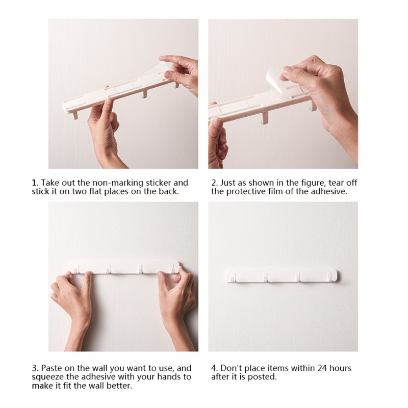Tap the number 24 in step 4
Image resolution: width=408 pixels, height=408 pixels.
(322, 368)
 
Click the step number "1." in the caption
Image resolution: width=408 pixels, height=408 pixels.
(35, 183)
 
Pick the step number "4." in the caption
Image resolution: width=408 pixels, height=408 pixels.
(214, 368)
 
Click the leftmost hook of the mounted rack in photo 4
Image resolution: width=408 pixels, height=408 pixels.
(233, 277)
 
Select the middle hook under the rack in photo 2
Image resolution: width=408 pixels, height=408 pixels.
(265, 118)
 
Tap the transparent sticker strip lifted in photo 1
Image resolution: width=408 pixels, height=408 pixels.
(135, 78)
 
